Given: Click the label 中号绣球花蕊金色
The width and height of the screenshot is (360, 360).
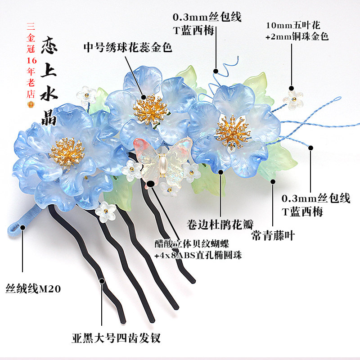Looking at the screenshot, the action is coord(128,48).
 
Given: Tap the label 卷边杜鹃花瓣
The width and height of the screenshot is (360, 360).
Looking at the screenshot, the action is coord(220,224).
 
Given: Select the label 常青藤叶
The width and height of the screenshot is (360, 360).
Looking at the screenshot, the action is coord(273,235).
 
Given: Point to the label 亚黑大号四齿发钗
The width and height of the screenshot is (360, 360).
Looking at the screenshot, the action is coord(116,338).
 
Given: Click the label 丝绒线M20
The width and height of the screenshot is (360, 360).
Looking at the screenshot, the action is coord(33,288).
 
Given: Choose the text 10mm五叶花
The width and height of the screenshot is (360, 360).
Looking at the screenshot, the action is coord(293,25).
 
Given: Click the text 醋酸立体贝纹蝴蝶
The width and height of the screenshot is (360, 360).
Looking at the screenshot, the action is coord(192,243).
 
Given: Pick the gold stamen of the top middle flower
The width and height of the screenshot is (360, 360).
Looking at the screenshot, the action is coord(151,109).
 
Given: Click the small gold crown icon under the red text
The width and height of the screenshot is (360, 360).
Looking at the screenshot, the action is coord(31,104).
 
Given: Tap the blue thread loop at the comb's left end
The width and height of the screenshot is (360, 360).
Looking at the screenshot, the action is coord(15,229).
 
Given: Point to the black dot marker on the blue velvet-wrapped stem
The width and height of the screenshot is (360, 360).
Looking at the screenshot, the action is coord(22,227).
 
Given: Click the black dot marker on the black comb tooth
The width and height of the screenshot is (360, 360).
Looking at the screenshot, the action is coord(102,281).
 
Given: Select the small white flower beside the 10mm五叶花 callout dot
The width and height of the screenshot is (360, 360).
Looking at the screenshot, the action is coord(293,99).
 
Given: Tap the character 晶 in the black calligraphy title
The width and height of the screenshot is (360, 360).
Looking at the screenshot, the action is coord(49,117).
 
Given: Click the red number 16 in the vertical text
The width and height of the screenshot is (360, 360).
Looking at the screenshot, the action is coord(31,60).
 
